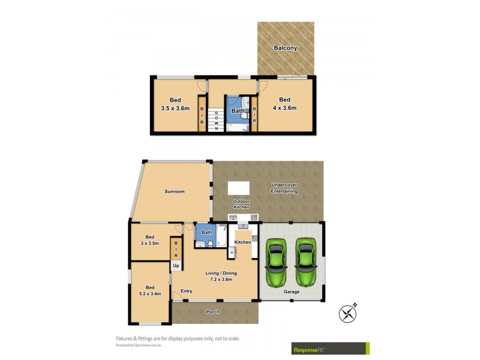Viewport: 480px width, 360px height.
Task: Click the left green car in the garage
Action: [277, 263]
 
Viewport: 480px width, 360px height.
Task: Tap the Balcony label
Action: [285, 48]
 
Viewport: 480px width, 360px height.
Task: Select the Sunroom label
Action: [175, 191]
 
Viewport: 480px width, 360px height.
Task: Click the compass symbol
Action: [347, 313]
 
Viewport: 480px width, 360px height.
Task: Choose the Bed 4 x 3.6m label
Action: [284, 104]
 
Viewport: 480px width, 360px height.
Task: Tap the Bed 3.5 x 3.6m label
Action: [175, 104]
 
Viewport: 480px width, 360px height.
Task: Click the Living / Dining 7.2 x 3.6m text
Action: [221, 276]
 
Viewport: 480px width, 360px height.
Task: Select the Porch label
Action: [212, 311]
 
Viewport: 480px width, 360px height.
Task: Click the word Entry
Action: [187, 291]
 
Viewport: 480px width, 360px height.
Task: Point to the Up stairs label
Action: [176, 265]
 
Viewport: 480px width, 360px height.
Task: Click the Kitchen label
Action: [242, 242]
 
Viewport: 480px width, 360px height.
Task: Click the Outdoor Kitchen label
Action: [241, 204]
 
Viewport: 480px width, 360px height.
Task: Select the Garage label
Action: [291, 292]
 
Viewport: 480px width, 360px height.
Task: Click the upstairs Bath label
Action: [238, 110]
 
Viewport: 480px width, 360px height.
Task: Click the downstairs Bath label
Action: [207, 232]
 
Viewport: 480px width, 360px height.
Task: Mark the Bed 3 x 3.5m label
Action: [149, 241]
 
